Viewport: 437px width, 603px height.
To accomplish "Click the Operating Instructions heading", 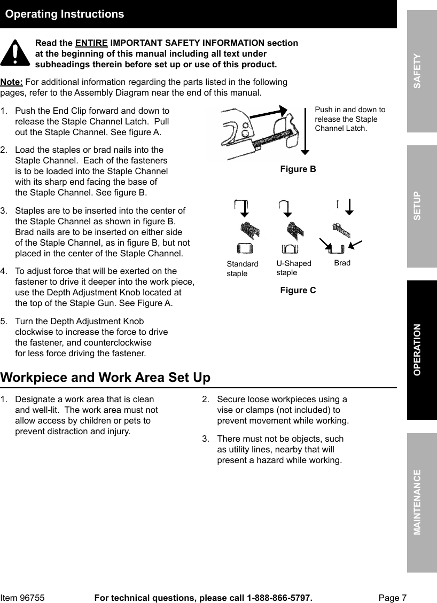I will (x=64, y=14).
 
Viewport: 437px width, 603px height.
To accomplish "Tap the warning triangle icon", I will (x=15, y=54).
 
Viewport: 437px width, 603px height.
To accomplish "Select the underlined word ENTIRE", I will (x=91, y=43).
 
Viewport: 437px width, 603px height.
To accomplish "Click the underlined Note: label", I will (x=12, y=82).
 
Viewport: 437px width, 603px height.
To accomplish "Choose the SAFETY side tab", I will (x=422, y=71).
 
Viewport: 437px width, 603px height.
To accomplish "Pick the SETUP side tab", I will (x=422, y=206).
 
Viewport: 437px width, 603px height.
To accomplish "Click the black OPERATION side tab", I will (x=422, y=349).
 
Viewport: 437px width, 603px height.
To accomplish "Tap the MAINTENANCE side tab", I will (x=422, y=502).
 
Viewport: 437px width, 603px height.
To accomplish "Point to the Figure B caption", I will (x=298, y=169).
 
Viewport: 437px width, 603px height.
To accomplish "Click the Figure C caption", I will (x=298, y=291).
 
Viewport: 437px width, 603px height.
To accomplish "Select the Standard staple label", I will (x=242, y=269).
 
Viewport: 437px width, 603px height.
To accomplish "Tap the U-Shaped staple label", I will (x=293, y=268).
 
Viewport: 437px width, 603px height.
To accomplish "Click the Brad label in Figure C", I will (x=342, y=263).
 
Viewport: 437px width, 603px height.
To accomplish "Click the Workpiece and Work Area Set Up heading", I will (x=105, y=378).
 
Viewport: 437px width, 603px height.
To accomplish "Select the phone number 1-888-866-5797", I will (x=279, y=598).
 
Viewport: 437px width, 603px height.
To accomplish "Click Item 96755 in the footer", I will (x=22, y=598).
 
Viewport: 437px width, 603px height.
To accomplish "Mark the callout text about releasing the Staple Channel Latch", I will (x=350, y=119).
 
